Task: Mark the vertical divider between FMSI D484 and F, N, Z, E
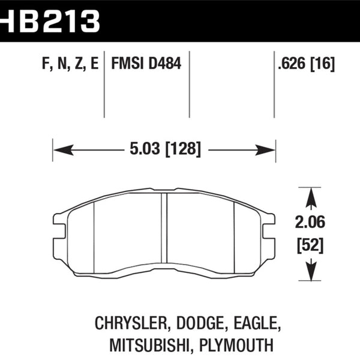(x=105, y=84)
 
